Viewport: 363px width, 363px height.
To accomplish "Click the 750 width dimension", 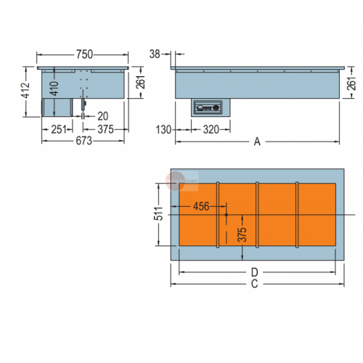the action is tap(84, 54).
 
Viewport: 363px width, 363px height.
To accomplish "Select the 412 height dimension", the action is tap(25, 91).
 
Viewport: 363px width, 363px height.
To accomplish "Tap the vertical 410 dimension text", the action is tap(54, 89).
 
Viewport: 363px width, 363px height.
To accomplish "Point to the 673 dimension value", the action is tap(83, 141).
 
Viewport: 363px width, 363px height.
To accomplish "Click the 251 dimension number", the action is tap(59, 129).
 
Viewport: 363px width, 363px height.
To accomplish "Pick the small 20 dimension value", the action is tap(103, 116).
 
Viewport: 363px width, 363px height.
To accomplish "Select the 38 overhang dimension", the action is tap(155, 54).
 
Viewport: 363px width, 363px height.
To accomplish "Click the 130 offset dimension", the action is tap(163, 130).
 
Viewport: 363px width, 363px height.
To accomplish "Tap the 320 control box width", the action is tap(211, 130).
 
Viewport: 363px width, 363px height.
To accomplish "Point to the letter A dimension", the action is tap(257, 142).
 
